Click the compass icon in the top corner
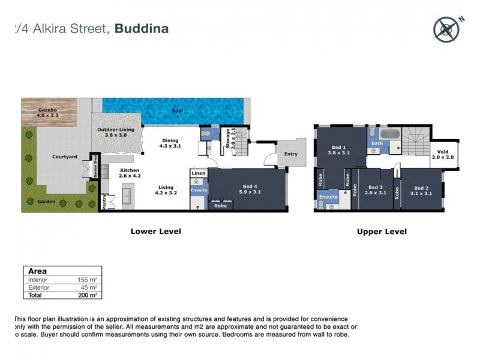(446, 29)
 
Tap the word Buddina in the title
(142, 28)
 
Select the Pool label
(177, 112)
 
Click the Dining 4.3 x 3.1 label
(170, 143)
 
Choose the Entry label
(290, 154)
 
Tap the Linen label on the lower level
(198, 173)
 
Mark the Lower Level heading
(156, 231)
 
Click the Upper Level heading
(382, 231)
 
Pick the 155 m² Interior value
(88, 280)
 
